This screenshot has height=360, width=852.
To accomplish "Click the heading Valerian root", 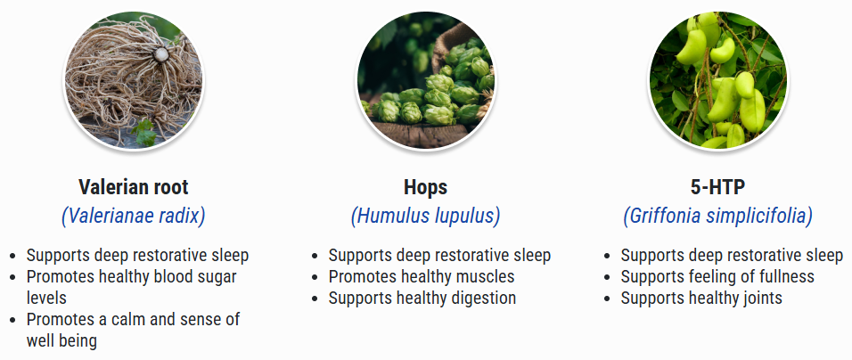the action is (x=133, y=187).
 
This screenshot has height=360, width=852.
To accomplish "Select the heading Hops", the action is (x=425, y=188).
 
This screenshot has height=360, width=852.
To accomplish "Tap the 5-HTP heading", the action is (x=717, y=187).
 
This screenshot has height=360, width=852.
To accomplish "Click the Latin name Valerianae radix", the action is (x=133, y=217).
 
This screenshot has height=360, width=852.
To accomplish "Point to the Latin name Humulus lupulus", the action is (x=425, y=217).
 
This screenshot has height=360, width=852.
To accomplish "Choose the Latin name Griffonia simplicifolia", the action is (x=717, y=217).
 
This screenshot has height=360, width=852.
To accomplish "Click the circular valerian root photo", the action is (x=133, y=80).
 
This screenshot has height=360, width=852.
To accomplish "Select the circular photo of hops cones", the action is (x=425, y=80).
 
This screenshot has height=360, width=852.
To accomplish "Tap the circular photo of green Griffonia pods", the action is (x=717, y=80).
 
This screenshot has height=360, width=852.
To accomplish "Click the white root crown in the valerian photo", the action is (x=160, y=54).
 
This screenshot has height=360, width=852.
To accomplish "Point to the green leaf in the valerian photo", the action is (x=144, y=133).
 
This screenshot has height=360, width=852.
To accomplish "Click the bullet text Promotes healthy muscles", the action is (x=422, y=276).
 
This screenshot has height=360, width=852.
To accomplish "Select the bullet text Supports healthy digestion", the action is (x=422, y=299).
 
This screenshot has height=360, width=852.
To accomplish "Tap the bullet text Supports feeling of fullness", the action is (x=717, y=276).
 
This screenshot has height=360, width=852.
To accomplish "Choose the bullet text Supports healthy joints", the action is (x=701, y=299).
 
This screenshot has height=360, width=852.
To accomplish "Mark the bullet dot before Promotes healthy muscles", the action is (x=315, y=277).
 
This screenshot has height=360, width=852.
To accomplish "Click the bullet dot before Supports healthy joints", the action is (x=607, y=299).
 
